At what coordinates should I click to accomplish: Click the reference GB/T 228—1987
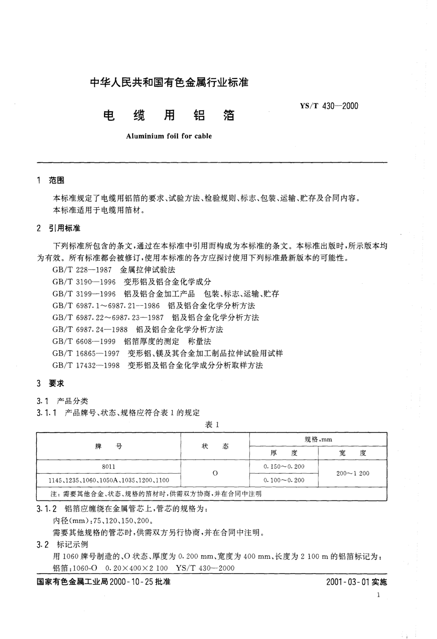pos(82,270)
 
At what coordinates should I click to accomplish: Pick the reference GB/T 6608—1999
pos(84,341)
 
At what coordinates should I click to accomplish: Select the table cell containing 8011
pos(109,467)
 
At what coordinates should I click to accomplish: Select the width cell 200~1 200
pos(353,473)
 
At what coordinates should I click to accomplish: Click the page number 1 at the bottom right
pos(378,595)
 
